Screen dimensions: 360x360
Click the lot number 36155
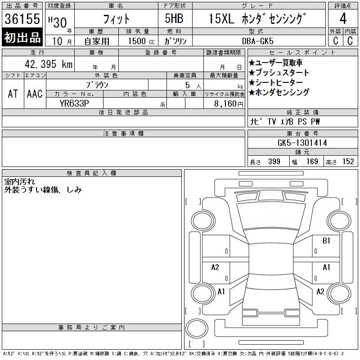(22, 18)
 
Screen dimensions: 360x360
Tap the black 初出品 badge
(22, 37)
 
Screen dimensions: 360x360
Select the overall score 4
(343, 18)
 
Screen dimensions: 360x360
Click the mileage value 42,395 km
(49, 64)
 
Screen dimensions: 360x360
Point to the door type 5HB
(174, 18)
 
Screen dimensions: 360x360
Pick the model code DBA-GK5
(257, 41)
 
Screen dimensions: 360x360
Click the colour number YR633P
(74, 103)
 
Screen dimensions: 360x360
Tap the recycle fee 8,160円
(229, 104)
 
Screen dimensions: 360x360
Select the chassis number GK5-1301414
(302, 143)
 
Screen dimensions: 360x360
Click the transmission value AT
(13, 94)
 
